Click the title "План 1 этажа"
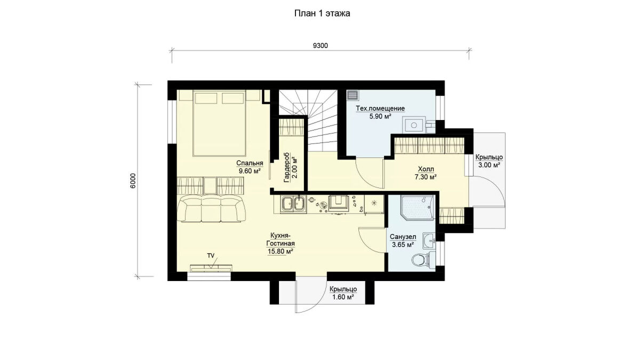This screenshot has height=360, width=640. point(322,13)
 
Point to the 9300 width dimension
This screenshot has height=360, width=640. point(321,45)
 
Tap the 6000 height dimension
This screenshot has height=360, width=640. point(133,181)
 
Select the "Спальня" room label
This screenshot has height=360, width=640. point(250,163)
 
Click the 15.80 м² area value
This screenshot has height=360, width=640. point(281,252)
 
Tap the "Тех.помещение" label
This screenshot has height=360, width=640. point(380,109)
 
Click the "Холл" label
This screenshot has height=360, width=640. point(426,169)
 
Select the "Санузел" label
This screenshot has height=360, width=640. point(403,237)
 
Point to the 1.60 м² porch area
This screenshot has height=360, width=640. point(343,297)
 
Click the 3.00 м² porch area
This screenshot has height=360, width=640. point(489,165)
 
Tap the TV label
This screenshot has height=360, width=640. point(211,255)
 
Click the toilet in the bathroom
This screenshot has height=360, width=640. point(423,259)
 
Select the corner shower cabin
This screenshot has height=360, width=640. point(418,207)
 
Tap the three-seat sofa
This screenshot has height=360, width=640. point(211,209)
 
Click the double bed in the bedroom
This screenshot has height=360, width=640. point(219,123)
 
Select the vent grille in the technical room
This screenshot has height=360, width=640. point(353,95)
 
